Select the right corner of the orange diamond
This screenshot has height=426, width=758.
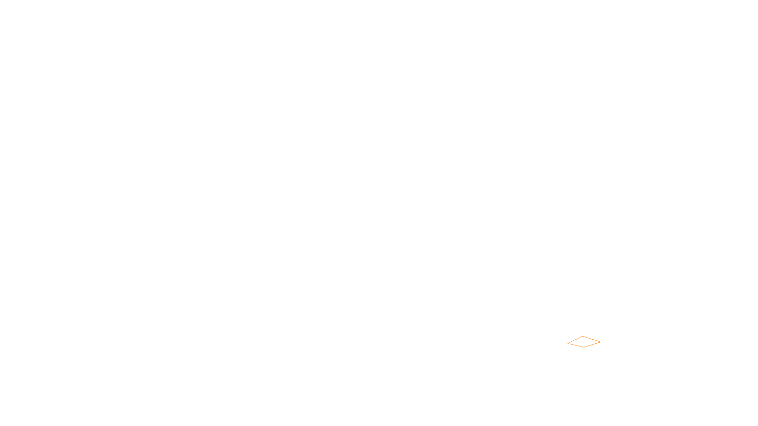[x=600, y=341]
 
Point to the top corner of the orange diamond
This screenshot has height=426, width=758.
[x=583, y=337]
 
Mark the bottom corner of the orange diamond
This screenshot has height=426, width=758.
[x=584, y=347]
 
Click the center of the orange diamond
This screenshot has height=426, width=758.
[x=584, y=342]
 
